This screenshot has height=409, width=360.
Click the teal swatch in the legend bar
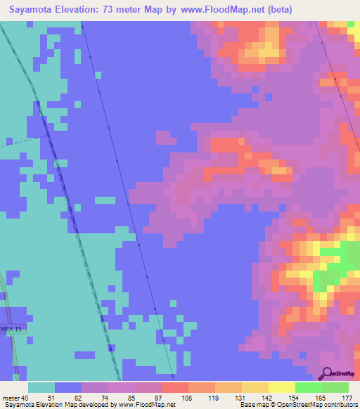(x=41, y=388)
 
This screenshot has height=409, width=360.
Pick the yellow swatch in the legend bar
(x=281, y=388)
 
